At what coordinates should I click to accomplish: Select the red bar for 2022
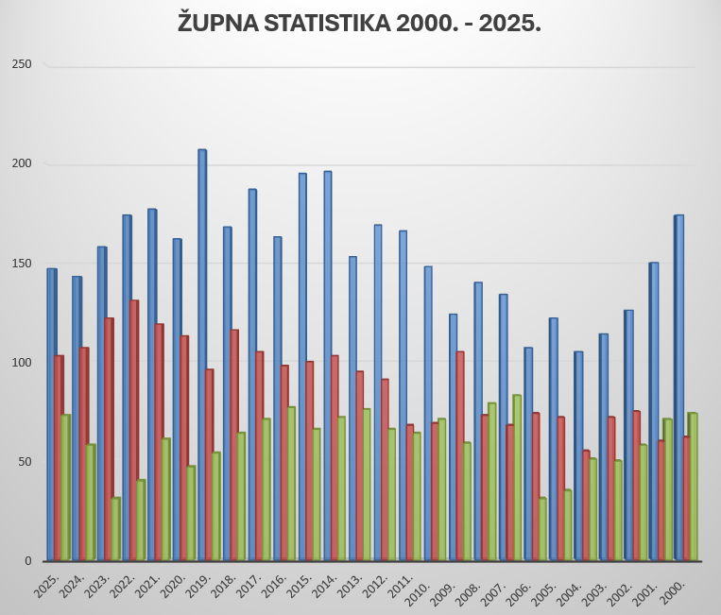[133, 430]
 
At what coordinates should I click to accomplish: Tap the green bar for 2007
[517, 477]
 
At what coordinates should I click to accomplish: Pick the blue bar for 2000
[678, 387]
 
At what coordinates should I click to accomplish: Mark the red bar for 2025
[59, 457]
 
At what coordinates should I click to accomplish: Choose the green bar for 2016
[291, 483]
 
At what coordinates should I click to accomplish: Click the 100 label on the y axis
[22, 363]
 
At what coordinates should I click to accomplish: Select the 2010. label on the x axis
[419, 589]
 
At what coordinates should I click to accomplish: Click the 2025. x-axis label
[46, 589]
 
